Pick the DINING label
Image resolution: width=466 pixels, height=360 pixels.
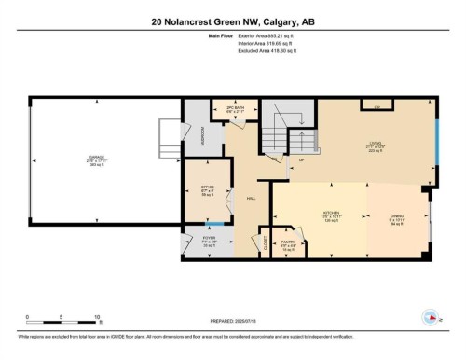click(x=396, y=215)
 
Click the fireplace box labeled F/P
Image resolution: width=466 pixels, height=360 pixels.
click(x=376, y=107)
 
